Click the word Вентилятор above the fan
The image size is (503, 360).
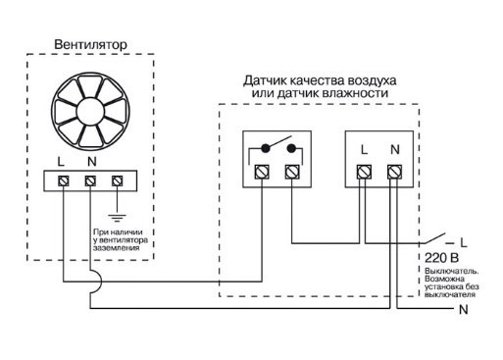tap(90, 45)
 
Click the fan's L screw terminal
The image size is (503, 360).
tap(65, 181)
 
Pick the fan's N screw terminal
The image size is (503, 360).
tap(91, 181)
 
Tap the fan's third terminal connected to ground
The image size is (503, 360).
tap(118, 181)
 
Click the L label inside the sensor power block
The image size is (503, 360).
tap(363, 150)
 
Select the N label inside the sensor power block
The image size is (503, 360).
tap(393, 150)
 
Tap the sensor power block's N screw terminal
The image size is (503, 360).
tap(393, 173)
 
